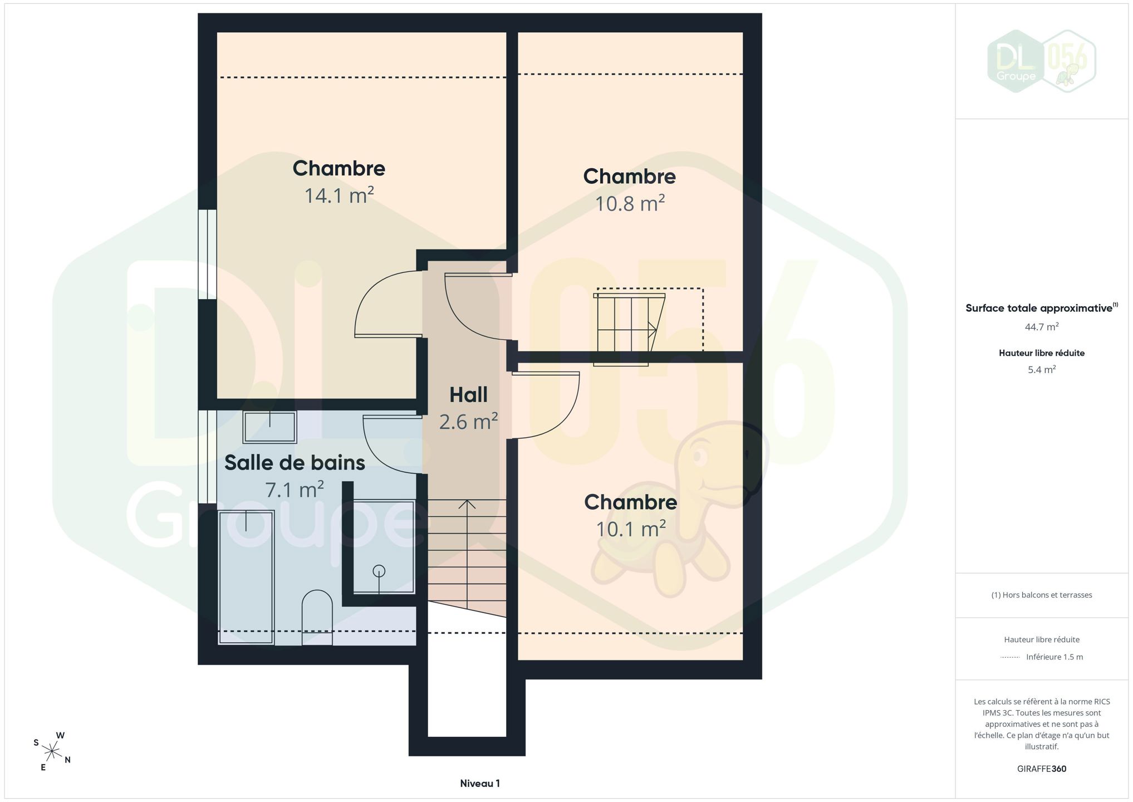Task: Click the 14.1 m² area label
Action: tap(339, 195)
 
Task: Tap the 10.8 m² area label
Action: tap(630, 203)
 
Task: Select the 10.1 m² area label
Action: tap(631, 529)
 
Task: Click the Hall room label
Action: tap(468, 395)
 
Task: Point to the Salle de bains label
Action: tap(295, 463)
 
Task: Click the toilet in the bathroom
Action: tap(317, 617)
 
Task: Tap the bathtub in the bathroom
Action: tap(246, 578)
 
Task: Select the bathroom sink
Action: tap(269, 427)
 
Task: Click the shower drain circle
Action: tap(379, 571)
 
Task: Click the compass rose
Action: tap(52, 752)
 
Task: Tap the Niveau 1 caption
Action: tap(480, 784)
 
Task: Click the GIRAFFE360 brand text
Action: tap(1042, 769)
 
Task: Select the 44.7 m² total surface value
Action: tap(1042, 327)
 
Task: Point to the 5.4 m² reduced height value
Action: tap(1042, 370)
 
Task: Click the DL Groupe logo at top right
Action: tap(1041, 61)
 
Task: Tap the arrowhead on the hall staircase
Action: tap(467, 505)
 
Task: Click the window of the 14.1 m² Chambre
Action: tap(208, 255)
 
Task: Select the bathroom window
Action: tap(208, 457)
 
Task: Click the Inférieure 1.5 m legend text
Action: tap(1054, 657)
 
